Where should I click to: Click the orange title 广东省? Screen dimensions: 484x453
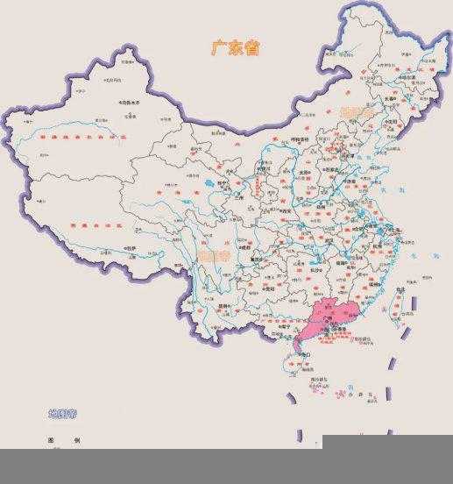pyautogui.click(x=235, y=47)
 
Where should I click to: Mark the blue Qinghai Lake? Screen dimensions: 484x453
pyautogui.click(x=211, y=186)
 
